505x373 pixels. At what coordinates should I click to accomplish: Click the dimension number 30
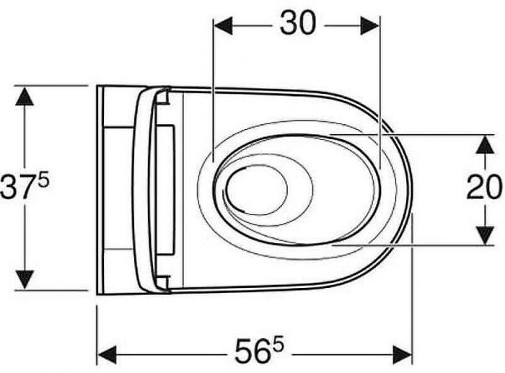point(298,23)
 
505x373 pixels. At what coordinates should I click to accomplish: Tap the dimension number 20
point(484,187)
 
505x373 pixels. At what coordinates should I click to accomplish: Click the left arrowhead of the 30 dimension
point(223,26)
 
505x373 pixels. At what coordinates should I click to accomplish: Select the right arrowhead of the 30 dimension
point(370,26)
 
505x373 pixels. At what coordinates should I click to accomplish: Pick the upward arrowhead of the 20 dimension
point(485,144)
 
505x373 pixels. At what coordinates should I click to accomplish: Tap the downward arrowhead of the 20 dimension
point(485,235)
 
